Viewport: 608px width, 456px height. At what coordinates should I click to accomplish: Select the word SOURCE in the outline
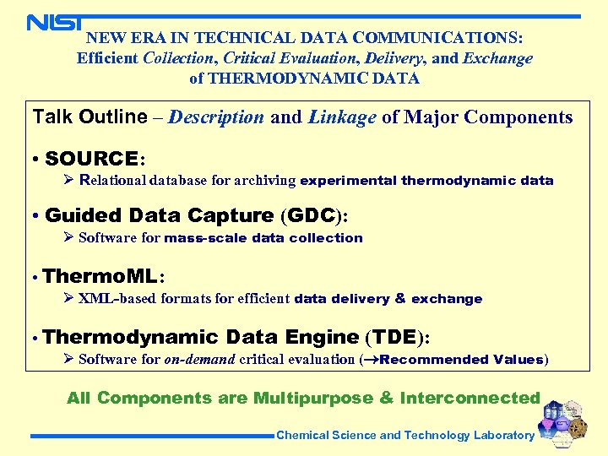click(92, 158)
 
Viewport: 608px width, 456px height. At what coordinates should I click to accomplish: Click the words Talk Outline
click(90, 117)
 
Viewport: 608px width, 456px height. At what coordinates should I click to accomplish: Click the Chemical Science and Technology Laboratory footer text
click(405, 436)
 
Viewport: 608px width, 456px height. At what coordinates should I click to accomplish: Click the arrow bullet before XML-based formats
click(69, 298)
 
